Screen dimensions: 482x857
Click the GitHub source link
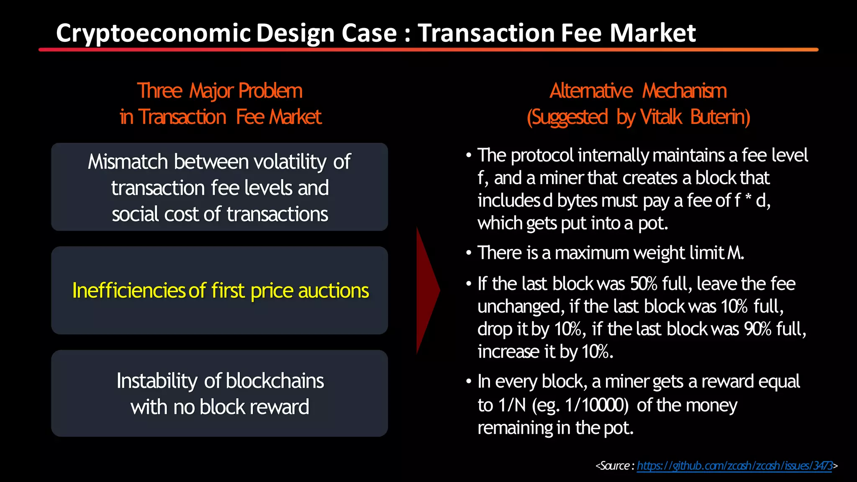coord(734,466)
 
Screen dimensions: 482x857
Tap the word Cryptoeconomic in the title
coord(153,33)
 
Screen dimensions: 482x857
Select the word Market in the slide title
coord(653,33)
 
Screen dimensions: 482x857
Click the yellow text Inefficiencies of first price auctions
coord(221,290)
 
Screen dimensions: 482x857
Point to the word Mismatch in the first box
coord(128,162)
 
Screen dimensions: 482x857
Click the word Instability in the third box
coord(157,381)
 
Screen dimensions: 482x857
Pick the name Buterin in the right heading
coord(720,117)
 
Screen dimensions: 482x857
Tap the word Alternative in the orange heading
coord(591,91)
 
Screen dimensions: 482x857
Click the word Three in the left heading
coord(159,91)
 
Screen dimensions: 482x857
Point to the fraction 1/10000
coord(596,405)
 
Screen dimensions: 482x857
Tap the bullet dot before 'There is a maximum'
coord(469,253)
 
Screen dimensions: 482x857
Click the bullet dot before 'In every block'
coord(469,382)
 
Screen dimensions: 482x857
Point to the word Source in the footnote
coord(614,466)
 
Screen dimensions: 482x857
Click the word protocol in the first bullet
coord(542,156)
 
